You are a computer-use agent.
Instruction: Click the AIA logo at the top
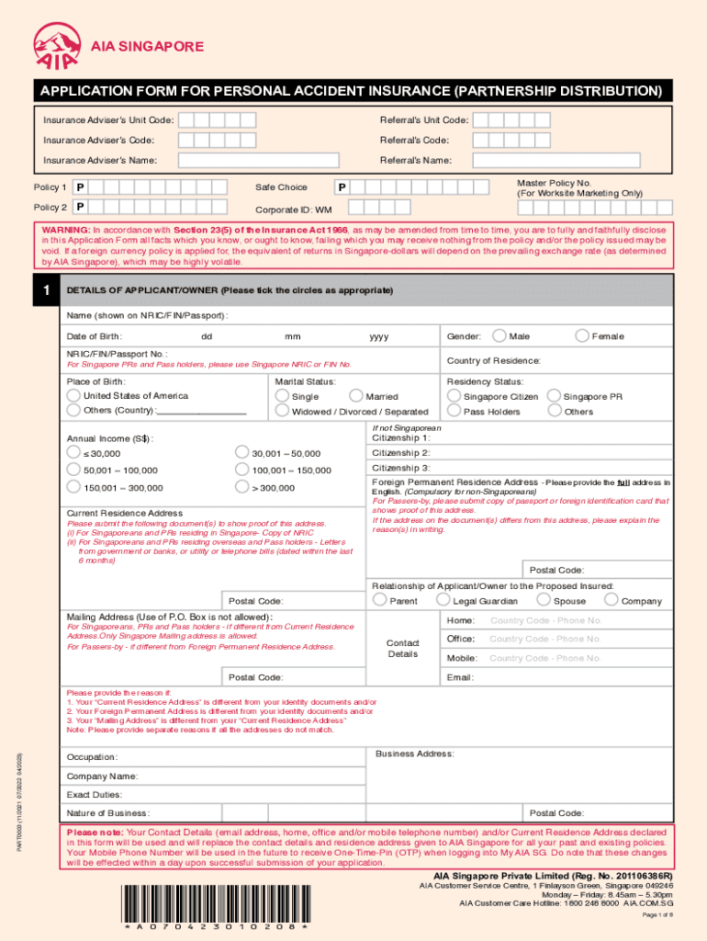(56, 45)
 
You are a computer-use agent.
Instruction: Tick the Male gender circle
(500, 335)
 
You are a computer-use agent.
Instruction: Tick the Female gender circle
(582, 335)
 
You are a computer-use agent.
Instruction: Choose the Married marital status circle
(356, 396)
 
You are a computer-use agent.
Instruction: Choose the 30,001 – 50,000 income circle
(242, 452)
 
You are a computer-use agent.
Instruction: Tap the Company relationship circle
(611, 600)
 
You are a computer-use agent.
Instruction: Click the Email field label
(460, 677)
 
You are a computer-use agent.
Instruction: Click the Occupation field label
(92, 757)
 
